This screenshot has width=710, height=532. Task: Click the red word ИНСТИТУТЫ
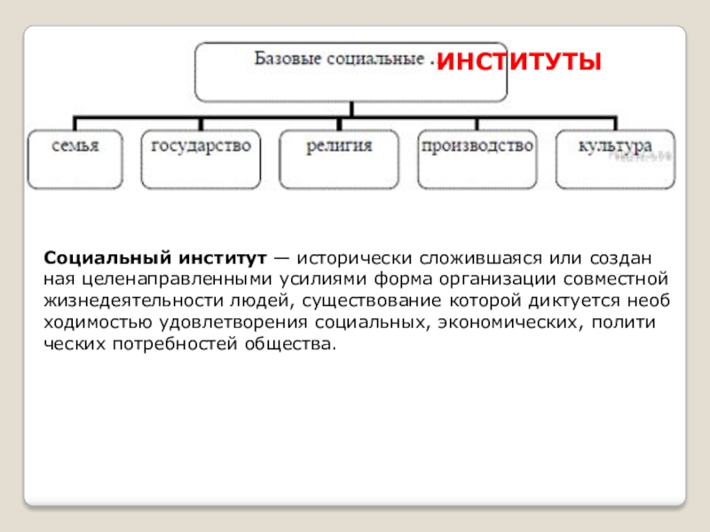(521, 62)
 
